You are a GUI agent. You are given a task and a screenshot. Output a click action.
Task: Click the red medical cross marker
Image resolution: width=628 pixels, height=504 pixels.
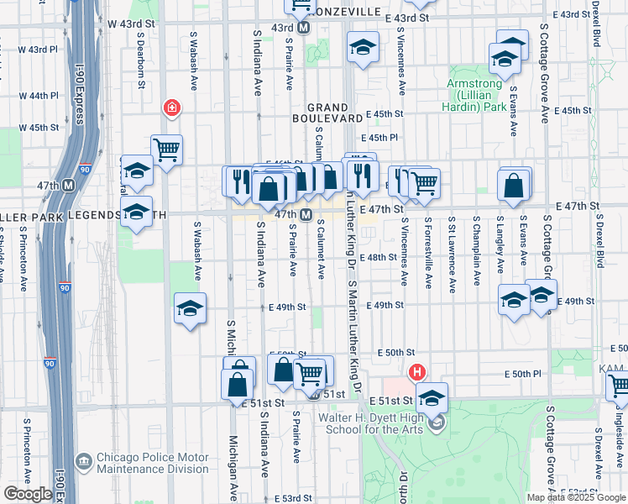(172, 108)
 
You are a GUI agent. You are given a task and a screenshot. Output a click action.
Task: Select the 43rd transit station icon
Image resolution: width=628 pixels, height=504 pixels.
(304, 28)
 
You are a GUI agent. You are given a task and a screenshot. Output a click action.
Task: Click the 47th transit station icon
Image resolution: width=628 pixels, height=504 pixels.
(306, 214)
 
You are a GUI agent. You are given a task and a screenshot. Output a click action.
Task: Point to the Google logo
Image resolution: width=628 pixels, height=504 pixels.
(28, 494)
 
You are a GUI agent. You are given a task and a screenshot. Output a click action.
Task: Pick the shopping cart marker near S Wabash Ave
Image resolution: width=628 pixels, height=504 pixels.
(167, 150)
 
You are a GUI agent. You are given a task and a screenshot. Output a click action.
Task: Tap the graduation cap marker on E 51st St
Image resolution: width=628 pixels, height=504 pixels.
(432, 397)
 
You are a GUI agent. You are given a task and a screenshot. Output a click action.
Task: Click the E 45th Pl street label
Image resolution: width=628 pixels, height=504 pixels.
(379, 138)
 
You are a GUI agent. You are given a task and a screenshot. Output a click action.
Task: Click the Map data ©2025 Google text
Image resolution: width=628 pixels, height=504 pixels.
(575, 497)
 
